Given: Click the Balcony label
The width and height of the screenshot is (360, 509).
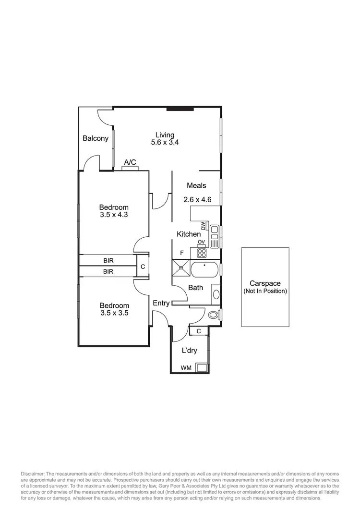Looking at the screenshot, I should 96,139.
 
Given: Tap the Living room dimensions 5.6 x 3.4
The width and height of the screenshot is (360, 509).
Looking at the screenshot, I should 165,143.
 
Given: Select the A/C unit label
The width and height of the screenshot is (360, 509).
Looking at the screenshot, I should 130,163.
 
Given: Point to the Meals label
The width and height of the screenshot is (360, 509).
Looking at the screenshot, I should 196,185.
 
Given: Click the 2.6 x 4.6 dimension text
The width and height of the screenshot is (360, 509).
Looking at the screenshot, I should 197,200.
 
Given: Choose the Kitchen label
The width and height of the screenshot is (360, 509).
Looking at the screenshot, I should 189,234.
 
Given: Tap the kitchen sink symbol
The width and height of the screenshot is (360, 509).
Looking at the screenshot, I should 214,236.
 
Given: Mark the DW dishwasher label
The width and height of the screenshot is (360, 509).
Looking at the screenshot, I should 203,225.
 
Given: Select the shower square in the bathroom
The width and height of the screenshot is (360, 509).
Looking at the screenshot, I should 181,269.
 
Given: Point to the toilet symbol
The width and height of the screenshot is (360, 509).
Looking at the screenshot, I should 214,315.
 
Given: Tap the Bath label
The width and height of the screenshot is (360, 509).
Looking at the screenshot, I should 195,288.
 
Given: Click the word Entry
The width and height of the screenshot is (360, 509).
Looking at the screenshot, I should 161,303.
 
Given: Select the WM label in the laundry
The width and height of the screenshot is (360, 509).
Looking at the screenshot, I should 186,368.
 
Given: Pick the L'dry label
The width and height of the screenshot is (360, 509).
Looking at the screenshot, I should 189,351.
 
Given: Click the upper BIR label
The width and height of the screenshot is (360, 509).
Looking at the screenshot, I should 108,261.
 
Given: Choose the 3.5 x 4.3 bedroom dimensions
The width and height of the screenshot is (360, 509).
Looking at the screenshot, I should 114,215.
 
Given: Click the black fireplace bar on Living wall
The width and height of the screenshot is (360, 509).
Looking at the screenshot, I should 180,109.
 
